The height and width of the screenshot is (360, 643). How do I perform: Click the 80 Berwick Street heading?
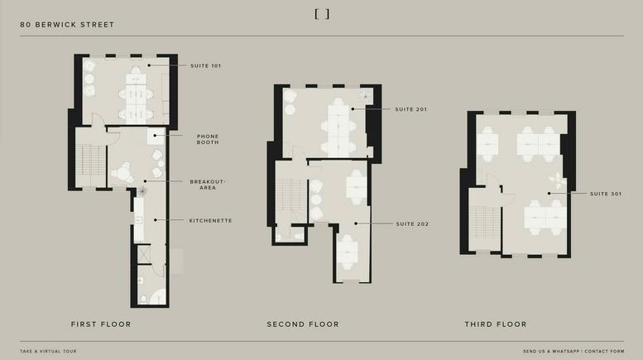(x=67, y=25)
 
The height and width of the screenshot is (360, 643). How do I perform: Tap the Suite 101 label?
(x=205, y=65)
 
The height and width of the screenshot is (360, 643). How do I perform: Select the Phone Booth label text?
(x=208, y=139)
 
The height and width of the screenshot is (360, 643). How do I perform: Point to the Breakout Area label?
(x=208, y=185)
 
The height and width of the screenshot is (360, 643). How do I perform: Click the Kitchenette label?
(x=210, y=221)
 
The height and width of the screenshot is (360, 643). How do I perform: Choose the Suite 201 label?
(x=411, y=109)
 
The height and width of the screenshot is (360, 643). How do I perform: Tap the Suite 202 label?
(x=412, y=224)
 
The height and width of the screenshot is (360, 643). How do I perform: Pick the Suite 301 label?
(x=606, y=194)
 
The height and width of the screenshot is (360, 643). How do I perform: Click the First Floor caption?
(x=101, y=324)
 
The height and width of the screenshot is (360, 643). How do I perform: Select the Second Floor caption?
(x=303, y=324)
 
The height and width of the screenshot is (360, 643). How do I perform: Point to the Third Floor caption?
(x=496, y=324)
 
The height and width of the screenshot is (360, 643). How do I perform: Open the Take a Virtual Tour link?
(x=48, y=352)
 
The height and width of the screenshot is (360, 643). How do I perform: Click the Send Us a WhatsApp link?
(x=551, y=352)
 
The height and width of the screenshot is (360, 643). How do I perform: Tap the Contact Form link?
(x=604, y=352)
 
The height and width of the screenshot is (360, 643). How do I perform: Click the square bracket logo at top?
(x=322, y=14)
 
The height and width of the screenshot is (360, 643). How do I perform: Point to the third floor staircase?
(x=484, y=223)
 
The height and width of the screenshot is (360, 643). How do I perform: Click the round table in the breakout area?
(x=122, y=173)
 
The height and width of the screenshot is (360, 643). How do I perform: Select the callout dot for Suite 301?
(x=549, y=194)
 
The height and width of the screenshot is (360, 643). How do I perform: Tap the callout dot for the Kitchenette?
(x=156, y=220)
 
